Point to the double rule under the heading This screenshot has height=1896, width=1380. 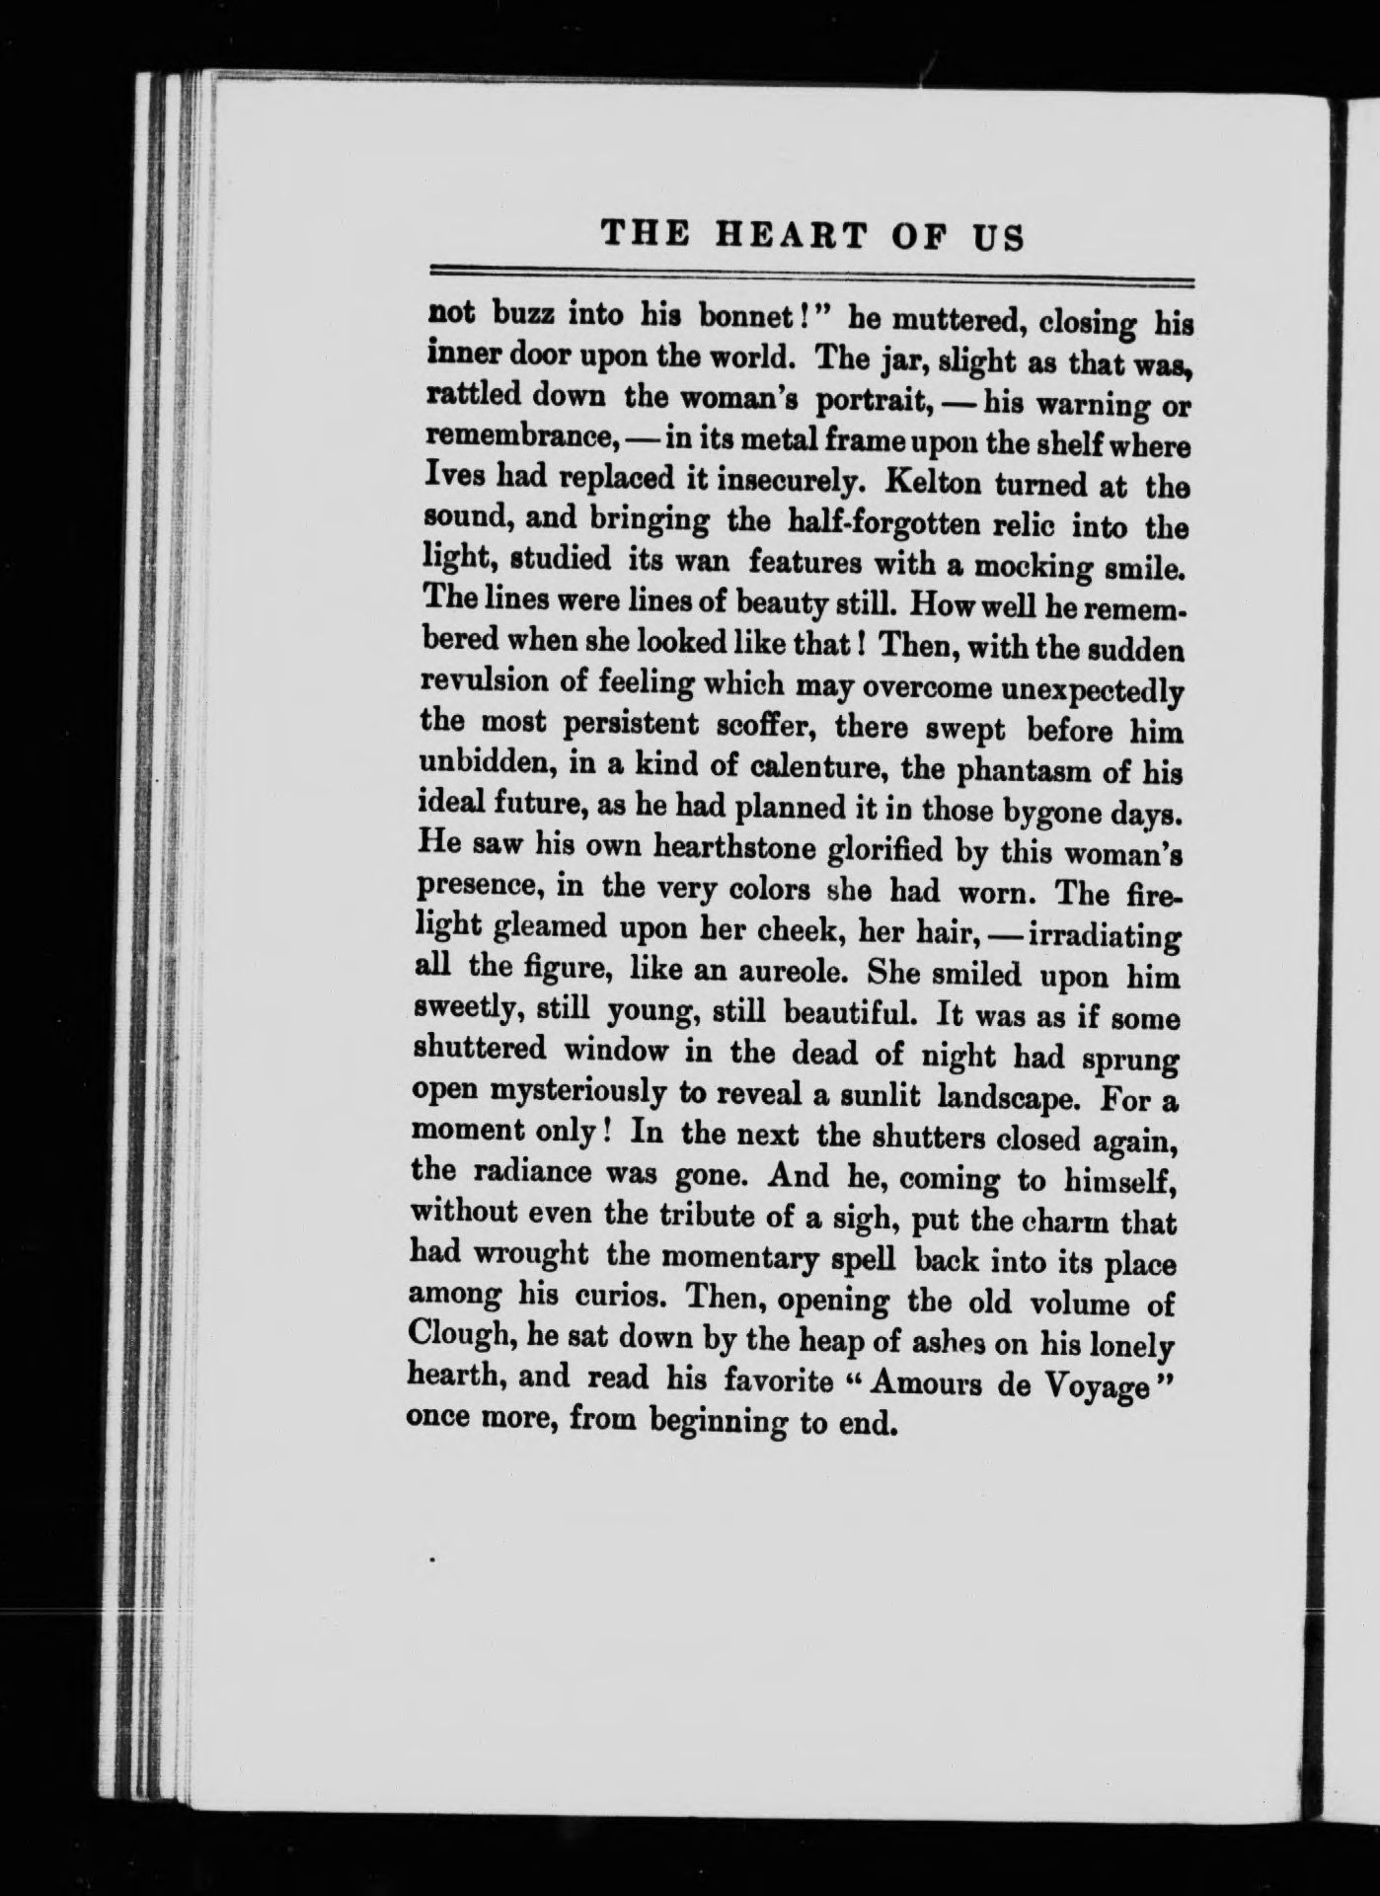[808, 275]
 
